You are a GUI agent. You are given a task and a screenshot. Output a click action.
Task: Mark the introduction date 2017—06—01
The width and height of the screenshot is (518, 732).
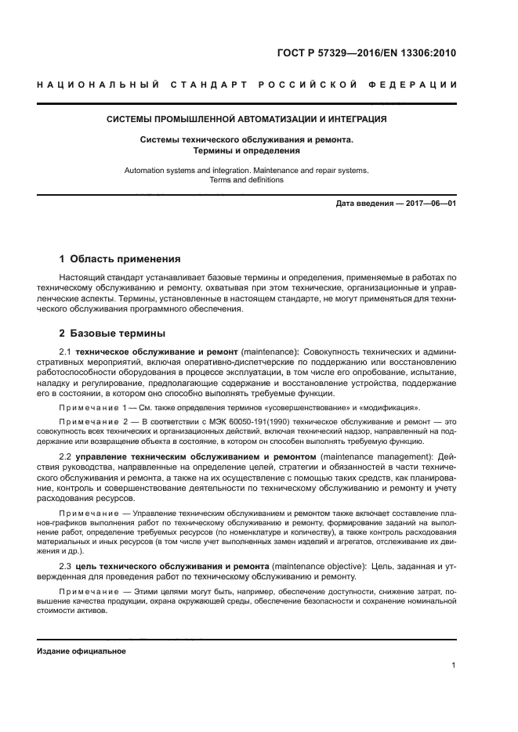tap(429, 204)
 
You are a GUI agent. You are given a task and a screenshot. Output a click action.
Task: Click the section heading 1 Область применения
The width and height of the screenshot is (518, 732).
tap(120, 258)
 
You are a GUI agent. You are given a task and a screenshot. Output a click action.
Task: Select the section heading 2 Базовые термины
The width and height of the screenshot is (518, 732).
tap(112, 332)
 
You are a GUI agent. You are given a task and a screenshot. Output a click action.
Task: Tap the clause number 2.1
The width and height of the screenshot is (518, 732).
tap(66, 352)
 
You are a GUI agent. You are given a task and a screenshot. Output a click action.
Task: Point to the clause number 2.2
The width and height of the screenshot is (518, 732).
tap(66, 456)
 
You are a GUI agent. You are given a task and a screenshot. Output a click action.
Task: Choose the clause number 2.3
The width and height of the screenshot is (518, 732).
tap(66, 565)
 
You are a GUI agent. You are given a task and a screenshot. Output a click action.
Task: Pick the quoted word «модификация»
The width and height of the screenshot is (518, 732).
tap(391, 408)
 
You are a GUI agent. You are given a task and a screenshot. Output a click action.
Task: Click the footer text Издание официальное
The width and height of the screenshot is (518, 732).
tap(82, 651)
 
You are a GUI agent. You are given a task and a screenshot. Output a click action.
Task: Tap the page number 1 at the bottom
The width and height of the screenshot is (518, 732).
tap(453, 665)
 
